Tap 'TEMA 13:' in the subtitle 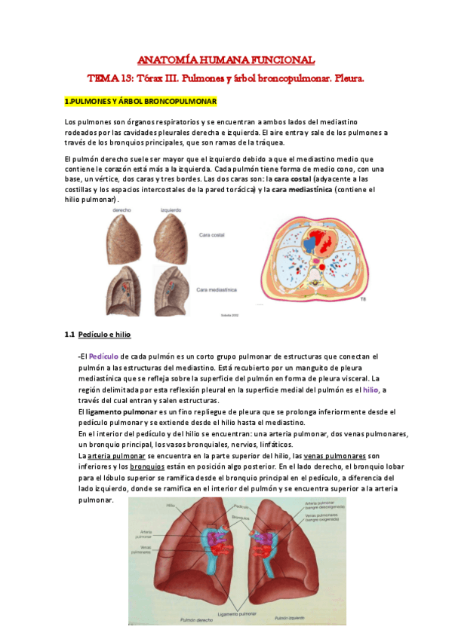click(109, 78)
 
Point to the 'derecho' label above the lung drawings click(122, 213)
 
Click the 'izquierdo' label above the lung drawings click(171, 213)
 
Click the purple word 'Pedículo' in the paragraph click(103, 356)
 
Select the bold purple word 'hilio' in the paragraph click(371, 390)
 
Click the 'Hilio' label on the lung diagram click(172, 506)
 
